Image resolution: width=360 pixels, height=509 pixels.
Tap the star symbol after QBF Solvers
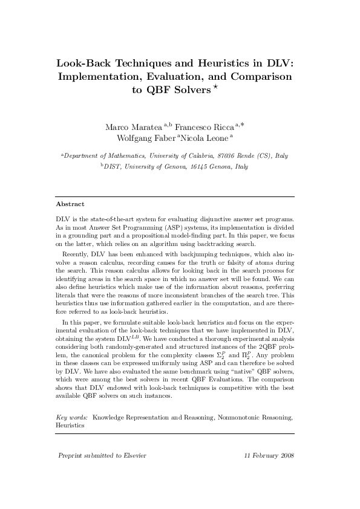pyautogui.click(x=214, y=88)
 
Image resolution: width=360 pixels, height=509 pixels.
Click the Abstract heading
pyautogui.click(x=70, y=204)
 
